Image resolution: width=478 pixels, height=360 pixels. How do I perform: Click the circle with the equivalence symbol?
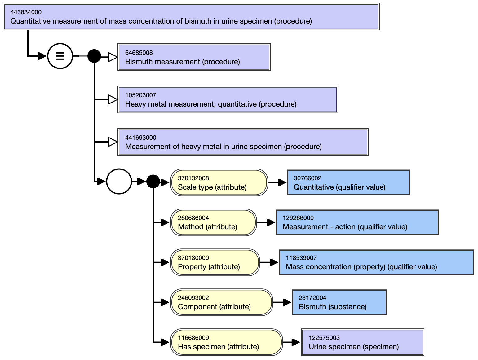[x=60, y=56]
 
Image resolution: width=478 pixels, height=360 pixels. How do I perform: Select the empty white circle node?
[x=119, y=181]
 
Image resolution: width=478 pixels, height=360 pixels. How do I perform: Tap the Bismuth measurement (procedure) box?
[x=194, y=57]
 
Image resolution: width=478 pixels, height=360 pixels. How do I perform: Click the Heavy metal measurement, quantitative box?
[x=228, y=100]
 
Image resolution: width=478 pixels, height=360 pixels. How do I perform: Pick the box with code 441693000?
[x=243, y=142]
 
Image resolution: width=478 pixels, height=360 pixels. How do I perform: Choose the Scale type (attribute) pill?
[x=219, y=182]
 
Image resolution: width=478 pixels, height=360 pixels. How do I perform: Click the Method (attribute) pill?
[x=214, y=222]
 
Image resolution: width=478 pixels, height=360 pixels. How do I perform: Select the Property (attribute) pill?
[x=215, y=262]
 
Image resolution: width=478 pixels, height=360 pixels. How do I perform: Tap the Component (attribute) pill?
[x=221, y=302]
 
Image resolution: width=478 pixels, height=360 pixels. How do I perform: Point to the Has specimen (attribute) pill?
[x=226, y=342]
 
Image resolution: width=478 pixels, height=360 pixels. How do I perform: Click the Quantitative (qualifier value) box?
[x=349, y=182]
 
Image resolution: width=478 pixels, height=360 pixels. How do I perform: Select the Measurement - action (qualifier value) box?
[x=357, y=222]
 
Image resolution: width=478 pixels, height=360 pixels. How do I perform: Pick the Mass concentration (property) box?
[x=377, y=262]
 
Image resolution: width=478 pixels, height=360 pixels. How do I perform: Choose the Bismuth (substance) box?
[x=339, y=302]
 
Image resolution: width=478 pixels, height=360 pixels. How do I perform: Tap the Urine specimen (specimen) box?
[x=363, y=342]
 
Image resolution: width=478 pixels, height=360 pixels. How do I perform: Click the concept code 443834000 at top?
[x=26, y=12]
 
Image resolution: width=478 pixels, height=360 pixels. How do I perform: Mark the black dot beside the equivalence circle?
[x=94, y=56]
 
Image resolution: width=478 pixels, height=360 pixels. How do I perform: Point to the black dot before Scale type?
[x=153, y=181]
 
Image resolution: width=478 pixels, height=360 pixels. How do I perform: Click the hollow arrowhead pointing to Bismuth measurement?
[x=113, y=57]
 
